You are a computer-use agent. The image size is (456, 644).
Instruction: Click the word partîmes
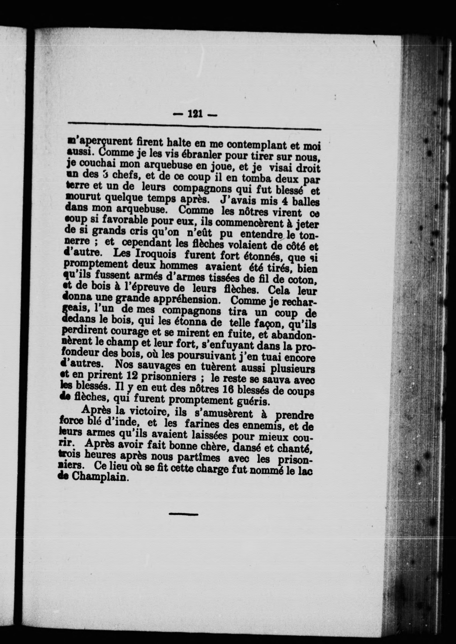198,457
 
